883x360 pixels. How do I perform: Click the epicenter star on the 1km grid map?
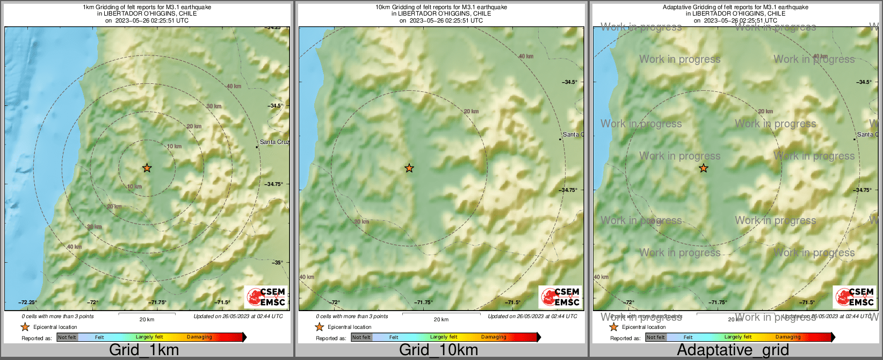(147, 168)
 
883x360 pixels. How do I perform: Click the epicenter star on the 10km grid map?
(409, 168)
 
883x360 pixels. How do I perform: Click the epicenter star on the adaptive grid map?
(703, 168)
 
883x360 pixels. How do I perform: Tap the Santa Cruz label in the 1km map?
(274, 142)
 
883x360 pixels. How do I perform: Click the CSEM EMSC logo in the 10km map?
(560, 297)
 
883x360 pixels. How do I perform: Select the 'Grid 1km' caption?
(144, 350)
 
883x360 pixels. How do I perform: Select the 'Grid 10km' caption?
(438, 350)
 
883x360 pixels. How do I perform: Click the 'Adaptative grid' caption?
(733, 350)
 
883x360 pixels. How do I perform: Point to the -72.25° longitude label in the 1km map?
(27, 303)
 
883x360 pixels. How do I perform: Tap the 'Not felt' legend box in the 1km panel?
(67, 337)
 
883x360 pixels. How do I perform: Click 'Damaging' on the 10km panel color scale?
(494, 337)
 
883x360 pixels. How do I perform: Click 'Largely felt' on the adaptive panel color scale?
(738, 337)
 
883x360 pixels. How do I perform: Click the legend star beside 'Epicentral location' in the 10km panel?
(319, 327)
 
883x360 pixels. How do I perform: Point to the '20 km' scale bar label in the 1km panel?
(147, 319)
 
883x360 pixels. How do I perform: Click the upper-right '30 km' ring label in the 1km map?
(214, 106)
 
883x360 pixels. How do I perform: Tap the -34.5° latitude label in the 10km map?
(570, 82)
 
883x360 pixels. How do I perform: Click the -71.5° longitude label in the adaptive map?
(807, 303)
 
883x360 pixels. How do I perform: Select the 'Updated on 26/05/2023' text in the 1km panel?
(238, 316)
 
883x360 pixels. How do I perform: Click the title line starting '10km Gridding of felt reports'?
(441, 8)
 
